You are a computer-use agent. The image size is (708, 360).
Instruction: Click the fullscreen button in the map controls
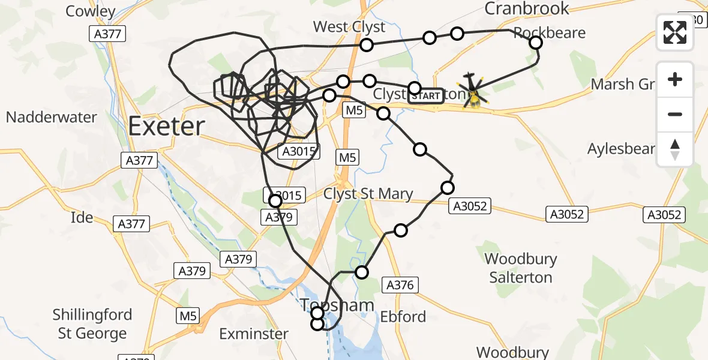[675, 33]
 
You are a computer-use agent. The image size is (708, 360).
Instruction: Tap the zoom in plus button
[675, 79]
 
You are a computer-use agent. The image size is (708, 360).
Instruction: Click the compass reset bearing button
[675, 149]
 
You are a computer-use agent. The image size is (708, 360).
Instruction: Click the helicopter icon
[473, 91]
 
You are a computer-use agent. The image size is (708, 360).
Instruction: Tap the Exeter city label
[166, 127]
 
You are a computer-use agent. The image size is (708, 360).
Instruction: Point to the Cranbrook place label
[526, 8]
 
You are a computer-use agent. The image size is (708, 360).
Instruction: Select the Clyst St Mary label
[368, 194]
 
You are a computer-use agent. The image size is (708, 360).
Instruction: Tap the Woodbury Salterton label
[521, 268]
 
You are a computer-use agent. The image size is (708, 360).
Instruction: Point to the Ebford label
[403, 316]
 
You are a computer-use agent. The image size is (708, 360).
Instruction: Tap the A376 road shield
[400, 286]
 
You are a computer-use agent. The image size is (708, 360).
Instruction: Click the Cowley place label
[90, 11]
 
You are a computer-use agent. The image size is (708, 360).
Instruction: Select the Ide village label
[81, 217]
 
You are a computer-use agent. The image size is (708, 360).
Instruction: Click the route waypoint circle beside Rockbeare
[536, 43]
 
